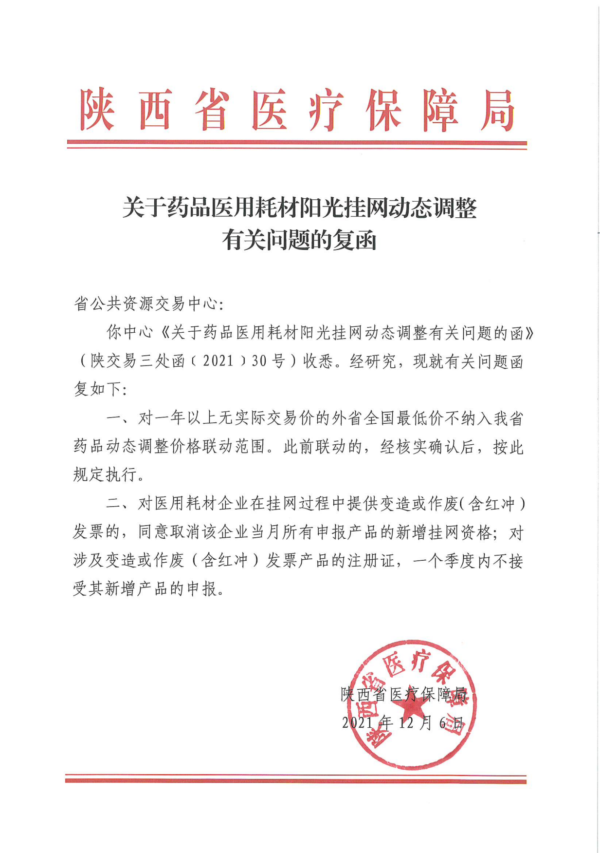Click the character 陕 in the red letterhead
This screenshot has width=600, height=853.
pos(97,110)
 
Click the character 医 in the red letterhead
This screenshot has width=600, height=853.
pos(269,110)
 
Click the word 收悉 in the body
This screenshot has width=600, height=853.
pos(318,361)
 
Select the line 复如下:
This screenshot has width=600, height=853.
pos(100,389)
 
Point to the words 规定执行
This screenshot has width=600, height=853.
pos(104,475)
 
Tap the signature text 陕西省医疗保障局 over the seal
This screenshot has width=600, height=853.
pos(404,694)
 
